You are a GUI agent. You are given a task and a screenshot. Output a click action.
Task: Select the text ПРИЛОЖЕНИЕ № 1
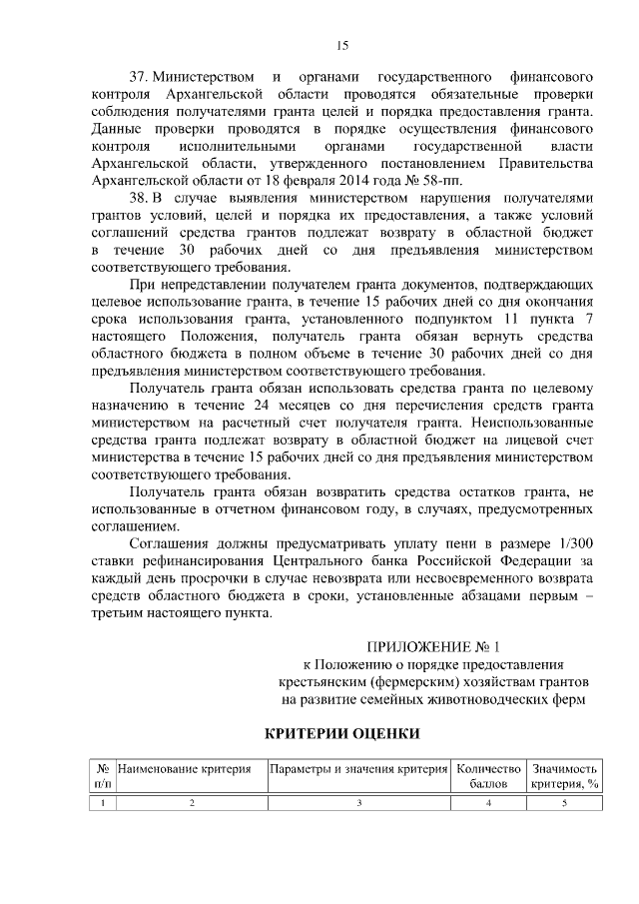click(x=433, y=646)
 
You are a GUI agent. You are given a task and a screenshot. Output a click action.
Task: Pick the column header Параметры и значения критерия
click(x=358, y=769)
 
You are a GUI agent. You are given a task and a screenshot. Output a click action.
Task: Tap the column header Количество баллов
click(x=488, y=776)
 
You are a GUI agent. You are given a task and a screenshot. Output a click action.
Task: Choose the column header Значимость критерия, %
click(x=564, y=776)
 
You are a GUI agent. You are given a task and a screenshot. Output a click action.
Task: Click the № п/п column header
click(x=102, y=776)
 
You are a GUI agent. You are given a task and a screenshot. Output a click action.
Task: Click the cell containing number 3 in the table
click(x=358, y=803)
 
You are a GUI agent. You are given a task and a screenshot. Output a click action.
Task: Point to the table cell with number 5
click(x=564, y=803)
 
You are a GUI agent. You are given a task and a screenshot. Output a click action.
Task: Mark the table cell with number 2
click(x=191, y=803)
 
